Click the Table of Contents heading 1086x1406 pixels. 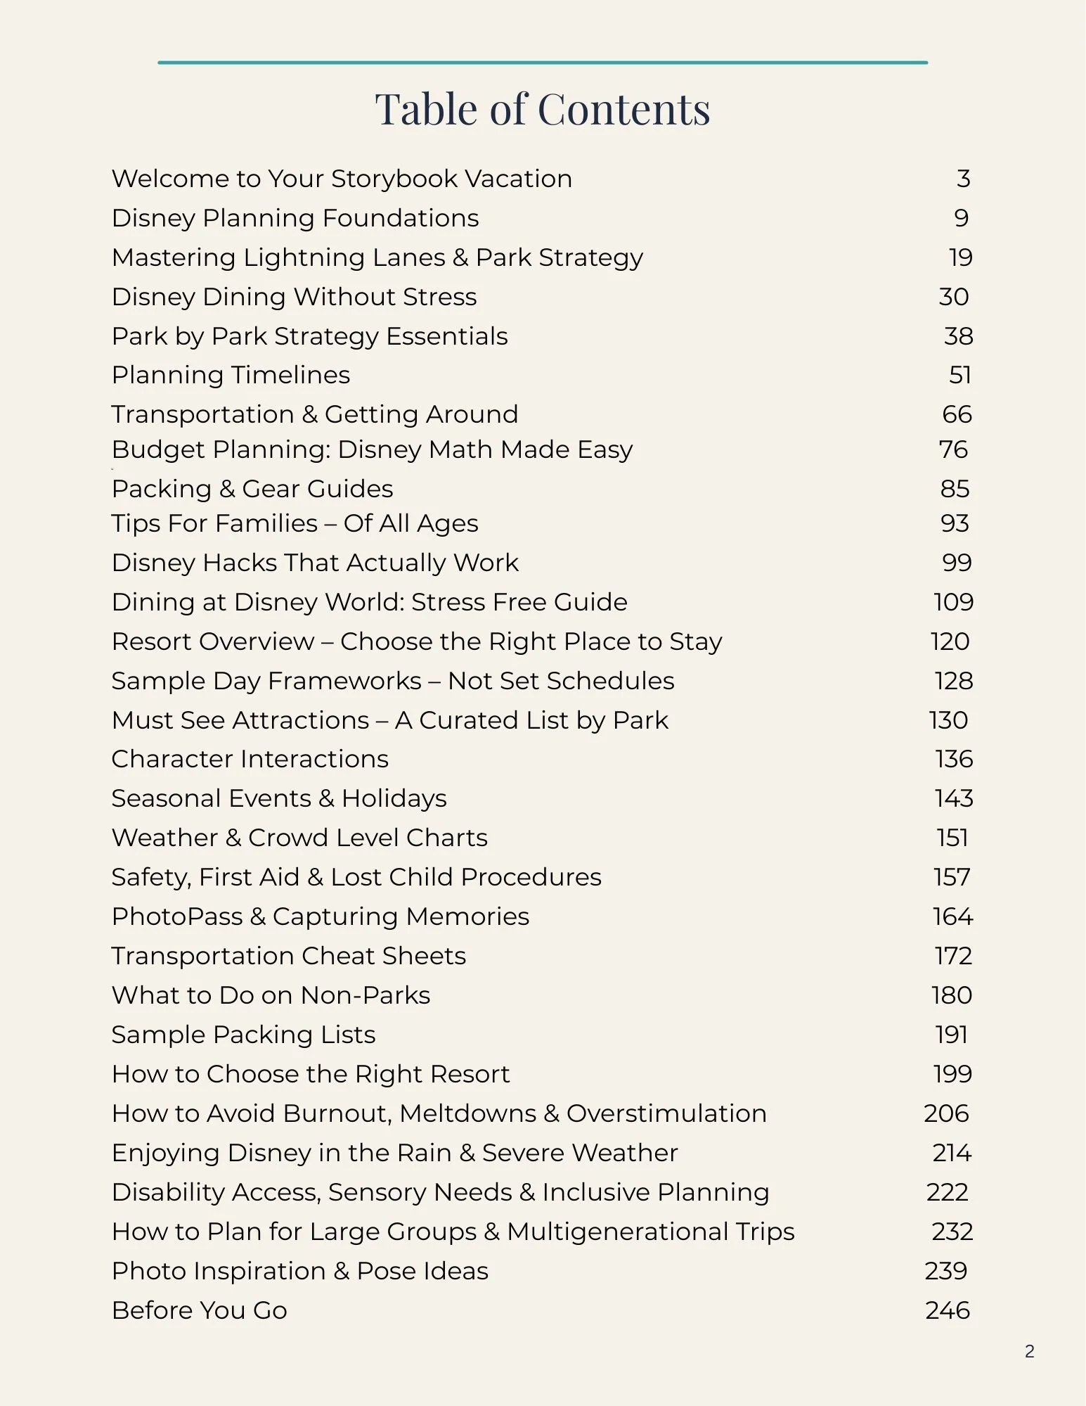(542, 110)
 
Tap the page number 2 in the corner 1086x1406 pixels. (1029, 1351)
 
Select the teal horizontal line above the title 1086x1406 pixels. (542, 63)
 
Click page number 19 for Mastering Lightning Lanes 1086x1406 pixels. (960, 257)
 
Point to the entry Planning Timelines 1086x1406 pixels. (231, 375)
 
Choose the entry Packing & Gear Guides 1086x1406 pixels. (252, 489)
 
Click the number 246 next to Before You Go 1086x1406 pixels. (947, 1310)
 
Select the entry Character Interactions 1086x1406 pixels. (250, 759)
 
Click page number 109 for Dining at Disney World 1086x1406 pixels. (953, 602)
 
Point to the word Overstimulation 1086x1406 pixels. (666, 1113)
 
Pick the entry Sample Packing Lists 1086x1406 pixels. (243, 1035)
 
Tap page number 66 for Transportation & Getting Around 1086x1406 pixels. (957, 414)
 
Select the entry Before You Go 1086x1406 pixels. (199, 1310)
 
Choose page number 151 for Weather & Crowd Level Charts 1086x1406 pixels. (952, 838)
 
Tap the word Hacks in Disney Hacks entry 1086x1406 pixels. (238, 563)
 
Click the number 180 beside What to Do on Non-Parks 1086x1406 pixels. (951, 995)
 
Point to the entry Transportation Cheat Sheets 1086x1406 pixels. (288, 956)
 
